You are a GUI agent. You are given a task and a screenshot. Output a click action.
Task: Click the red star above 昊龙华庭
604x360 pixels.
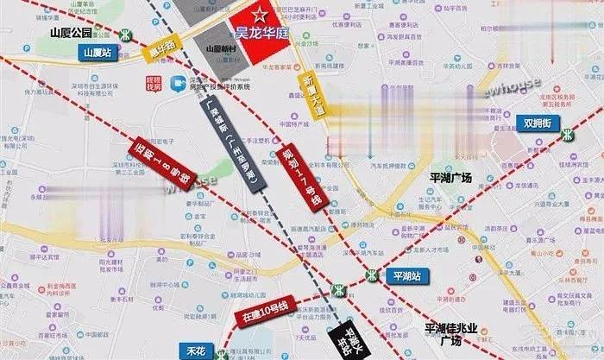(x=258, y=14)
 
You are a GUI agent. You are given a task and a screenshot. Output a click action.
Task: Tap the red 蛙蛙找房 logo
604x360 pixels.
(x=154, y=83)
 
